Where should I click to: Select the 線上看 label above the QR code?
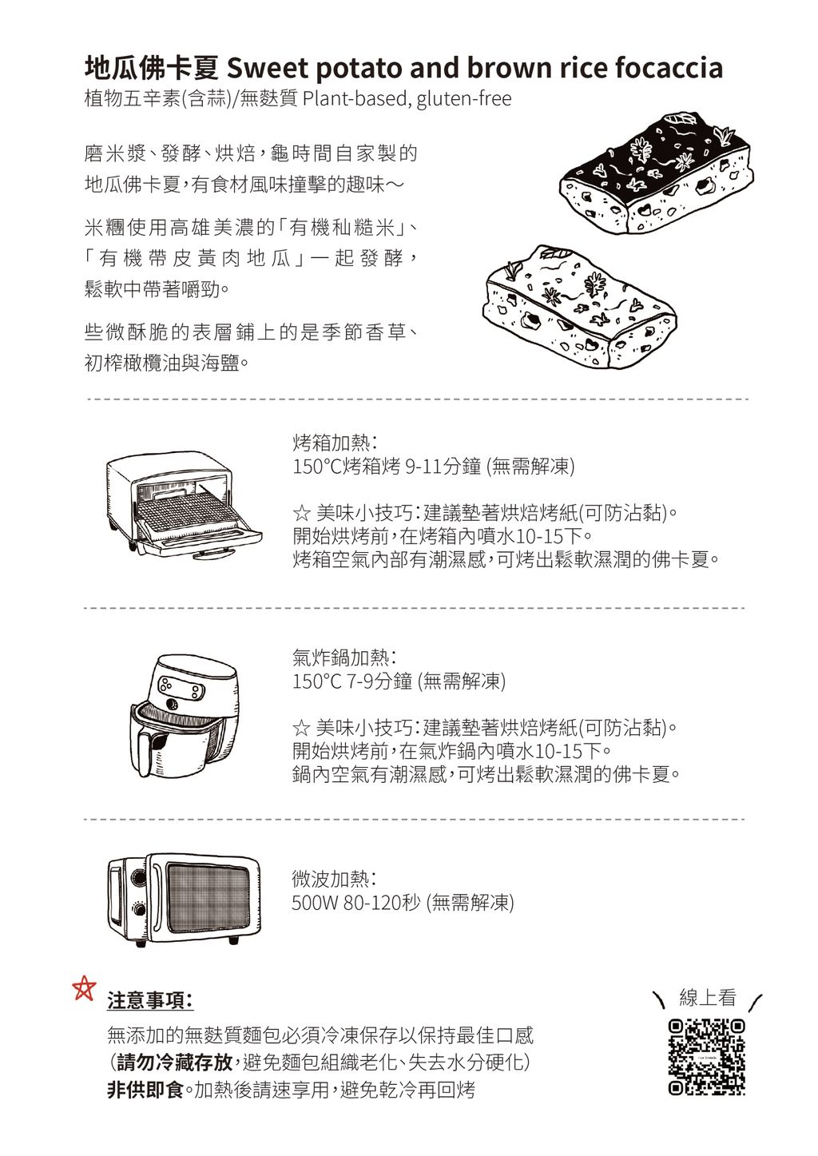point(707,998)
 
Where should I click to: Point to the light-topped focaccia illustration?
point(579,307)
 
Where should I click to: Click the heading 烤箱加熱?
point(335,443)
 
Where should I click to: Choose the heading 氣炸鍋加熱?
point(344,657)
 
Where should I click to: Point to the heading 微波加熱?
point(335,878)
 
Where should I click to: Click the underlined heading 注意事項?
point(150,1000)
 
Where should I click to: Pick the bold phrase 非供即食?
point(145,1090)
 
